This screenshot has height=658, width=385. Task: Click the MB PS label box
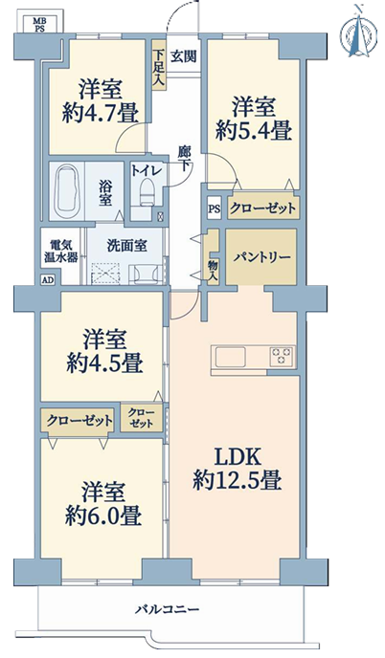point(40,22)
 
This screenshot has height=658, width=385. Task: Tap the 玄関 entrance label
point(183,56)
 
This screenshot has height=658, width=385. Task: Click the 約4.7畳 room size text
point(101,113)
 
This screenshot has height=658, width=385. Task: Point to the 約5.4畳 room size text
point(254,130)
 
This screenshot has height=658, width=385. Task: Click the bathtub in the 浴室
point(67,191)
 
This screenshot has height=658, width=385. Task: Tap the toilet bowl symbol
point(147,192)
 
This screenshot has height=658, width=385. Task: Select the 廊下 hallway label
point(184,159)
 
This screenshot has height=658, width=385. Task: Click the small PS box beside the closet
point(215,208)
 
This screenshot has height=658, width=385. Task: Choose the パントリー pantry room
point(261,257)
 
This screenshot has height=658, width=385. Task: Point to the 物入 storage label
point(213,269)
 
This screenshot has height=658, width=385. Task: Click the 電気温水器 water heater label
point(61,251)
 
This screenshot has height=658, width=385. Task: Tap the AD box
point(48,280)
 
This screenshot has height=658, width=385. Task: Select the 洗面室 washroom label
point(126,246)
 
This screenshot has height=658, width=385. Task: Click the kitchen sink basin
point(230,358)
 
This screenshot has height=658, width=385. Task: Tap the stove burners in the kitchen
point(282,356)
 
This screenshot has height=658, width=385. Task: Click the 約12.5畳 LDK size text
point(238,480)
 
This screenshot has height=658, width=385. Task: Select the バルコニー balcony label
point(167,609)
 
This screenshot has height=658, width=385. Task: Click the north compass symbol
point(356,32)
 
